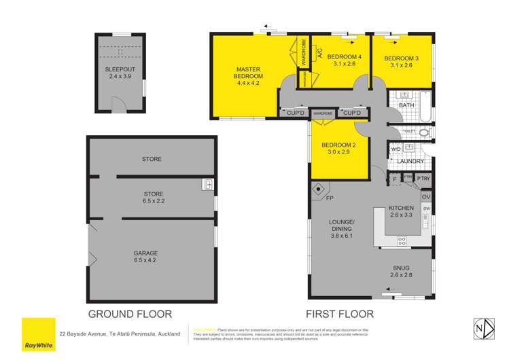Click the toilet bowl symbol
[424, 132]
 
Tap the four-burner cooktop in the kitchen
[402, 240]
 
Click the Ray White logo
[38, 334]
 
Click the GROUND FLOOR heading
[129, 314]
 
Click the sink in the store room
[209, 184]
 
